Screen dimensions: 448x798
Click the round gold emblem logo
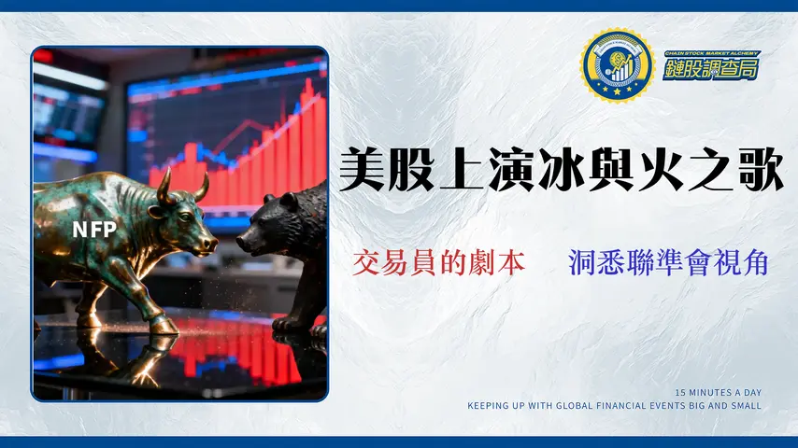[x=616, y=64]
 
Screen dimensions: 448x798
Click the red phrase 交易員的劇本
[x=439, y=263]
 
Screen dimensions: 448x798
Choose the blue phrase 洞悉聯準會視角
[x=668, y=263]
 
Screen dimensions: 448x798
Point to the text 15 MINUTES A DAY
[x=718, y=392]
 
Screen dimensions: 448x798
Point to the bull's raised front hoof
[x=162, y=325]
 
